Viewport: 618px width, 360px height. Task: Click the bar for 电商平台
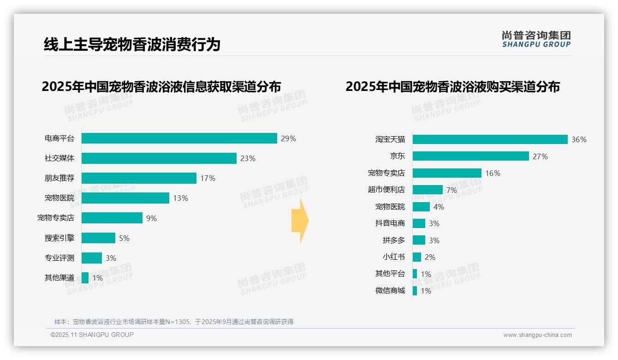[x=179, y=138]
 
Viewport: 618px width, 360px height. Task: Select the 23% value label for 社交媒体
[x=248, y=158]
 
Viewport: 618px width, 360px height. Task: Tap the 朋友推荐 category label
[x=59, y=178]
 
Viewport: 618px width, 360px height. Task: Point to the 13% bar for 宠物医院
[x=125, y=198]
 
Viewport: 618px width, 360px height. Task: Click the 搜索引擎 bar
[x=99, y=238]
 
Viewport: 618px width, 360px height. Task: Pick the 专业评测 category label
[x=59, y=258]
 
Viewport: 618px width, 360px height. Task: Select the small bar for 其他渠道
[x=85, y=278]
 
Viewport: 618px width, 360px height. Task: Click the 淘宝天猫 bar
[x=490, y=139]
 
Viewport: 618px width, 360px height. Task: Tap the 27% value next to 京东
[x=540, y=156]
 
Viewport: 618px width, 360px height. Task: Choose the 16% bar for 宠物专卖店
[x=447, y=173]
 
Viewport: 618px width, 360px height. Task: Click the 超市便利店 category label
[x=386, y=190]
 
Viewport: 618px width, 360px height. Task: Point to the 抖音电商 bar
[x=419, y=223]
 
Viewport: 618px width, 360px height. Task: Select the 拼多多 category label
[x=393, y=240]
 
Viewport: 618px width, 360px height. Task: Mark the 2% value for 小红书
[x=430, y=257]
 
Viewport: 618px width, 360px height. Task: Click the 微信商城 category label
[x=390, y=291]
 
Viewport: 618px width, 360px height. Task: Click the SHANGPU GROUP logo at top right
[x=536, y=39]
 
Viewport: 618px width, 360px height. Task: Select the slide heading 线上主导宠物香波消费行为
[x=132, y=44]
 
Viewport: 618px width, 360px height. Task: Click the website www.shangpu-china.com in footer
[x=537, y=335]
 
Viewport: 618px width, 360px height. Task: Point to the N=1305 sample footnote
[x=174, y=322]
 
